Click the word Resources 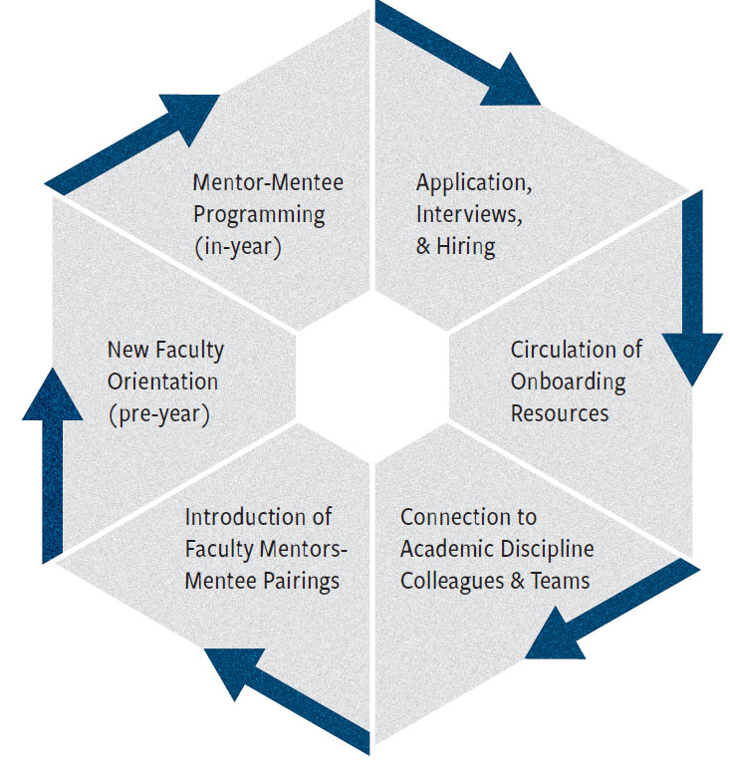[560, 412]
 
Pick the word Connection [468, 518]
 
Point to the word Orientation [162, 382]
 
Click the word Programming [259, 214]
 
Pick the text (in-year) [237, 246]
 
